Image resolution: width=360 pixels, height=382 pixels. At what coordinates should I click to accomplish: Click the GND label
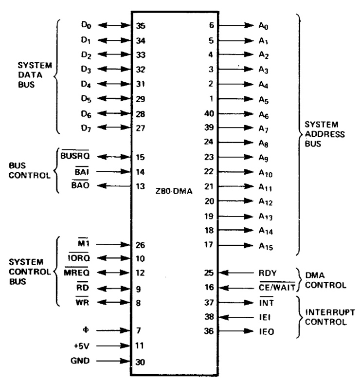click(x=80, y=362)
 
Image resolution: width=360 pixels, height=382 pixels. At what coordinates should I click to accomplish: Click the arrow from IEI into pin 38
click(x=235, y=317)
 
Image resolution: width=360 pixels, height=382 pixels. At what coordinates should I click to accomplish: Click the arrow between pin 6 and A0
click(x=235, y=26)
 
